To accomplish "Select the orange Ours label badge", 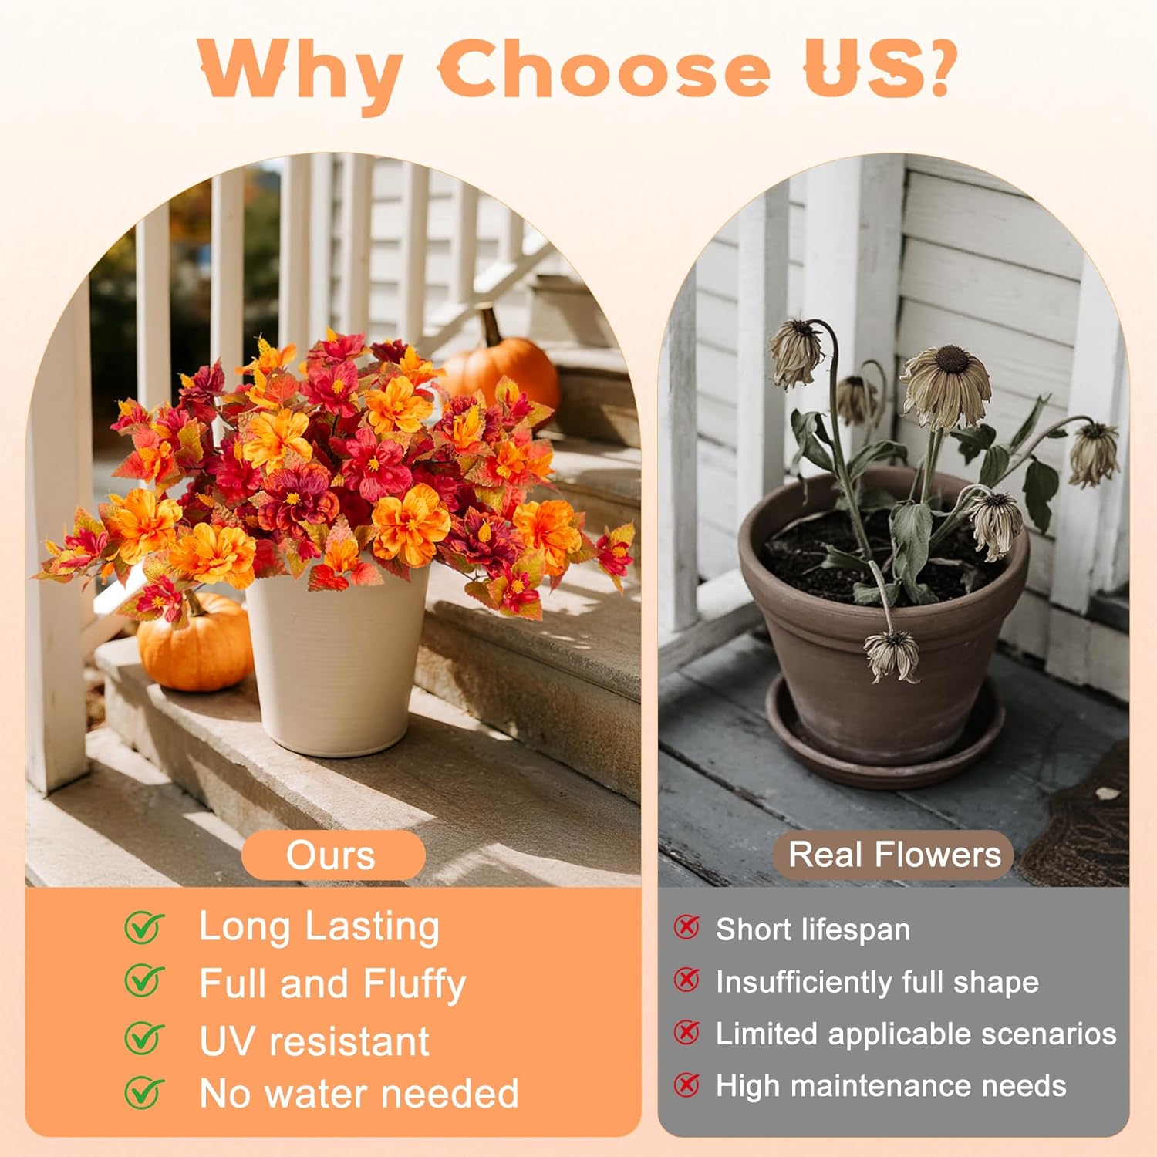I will click(332, 855).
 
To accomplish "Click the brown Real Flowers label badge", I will click(893, 855).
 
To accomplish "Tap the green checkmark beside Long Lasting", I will click(144, 926).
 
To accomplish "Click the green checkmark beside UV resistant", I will click(144, 1038).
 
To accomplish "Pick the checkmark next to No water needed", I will click(144, 1092).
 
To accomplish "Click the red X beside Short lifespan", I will click(686, 927).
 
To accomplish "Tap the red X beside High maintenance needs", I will click(686, 1084).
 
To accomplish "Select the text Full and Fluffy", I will click(332, 983).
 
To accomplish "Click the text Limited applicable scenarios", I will click(916, 1034).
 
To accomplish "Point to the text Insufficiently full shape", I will click(877, 982).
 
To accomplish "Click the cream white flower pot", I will click(337, 663).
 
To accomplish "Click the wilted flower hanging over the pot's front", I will click(892, 654).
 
